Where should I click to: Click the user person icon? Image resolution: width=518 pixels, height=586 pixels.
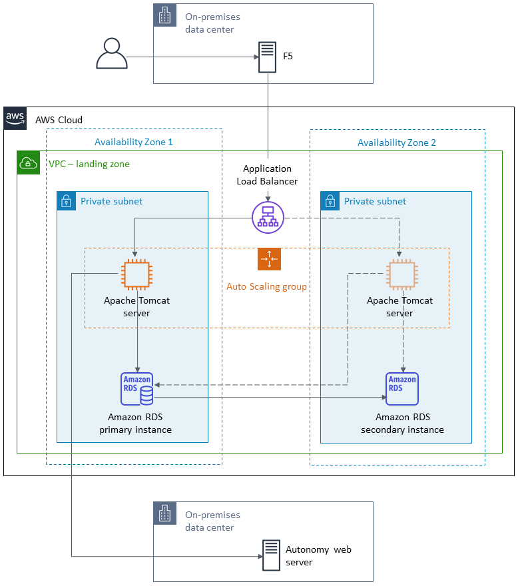click(x=112, y=53)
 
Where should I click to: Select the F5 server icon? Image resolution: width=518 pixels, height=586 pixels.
click(x=267, y=57)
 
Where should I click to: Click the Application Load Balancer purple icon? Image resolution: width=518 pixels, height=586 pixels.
click(x=268, y=218)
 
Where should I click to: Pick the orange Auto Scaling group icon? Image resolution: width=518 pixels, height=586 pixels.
click(x=269, y=259)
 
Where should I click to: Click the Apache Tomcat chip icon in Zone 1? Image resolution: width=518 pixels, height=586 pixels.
click(x=137, y=275)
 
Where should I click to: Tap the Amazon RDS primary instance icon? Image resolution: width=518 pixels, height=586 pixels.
click(x=137, y=389)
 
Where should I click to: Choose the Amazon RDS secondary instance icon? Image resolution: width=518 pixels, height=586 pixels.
click(x=402, y=389)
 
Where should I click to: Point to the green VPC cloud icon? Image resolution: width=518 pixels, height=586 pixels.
click(x=29, y=163)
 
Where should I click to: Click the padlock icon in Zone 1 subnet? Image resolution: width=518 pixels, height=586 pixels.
click(x=66, y=201)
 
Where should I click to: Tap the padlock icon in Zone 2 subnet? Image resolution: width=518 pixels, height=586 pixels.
click(x=330, y=201)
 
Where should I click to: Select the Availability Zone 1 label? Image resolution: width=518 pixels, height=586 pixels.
click(x=134, y=143)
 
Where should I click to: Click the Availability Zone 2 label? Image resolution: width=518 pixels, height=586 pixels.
click(x=397, y=143)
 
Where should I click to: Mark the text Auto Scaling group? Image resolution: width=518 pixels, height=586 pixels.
click(x=267, y=287)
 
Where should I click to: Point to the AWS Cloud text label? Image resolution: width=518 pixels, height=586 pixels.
click(x=59, y=120)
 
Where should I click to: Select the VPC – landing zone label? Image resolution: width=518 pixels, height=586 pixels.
click(x=89, y=164)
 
